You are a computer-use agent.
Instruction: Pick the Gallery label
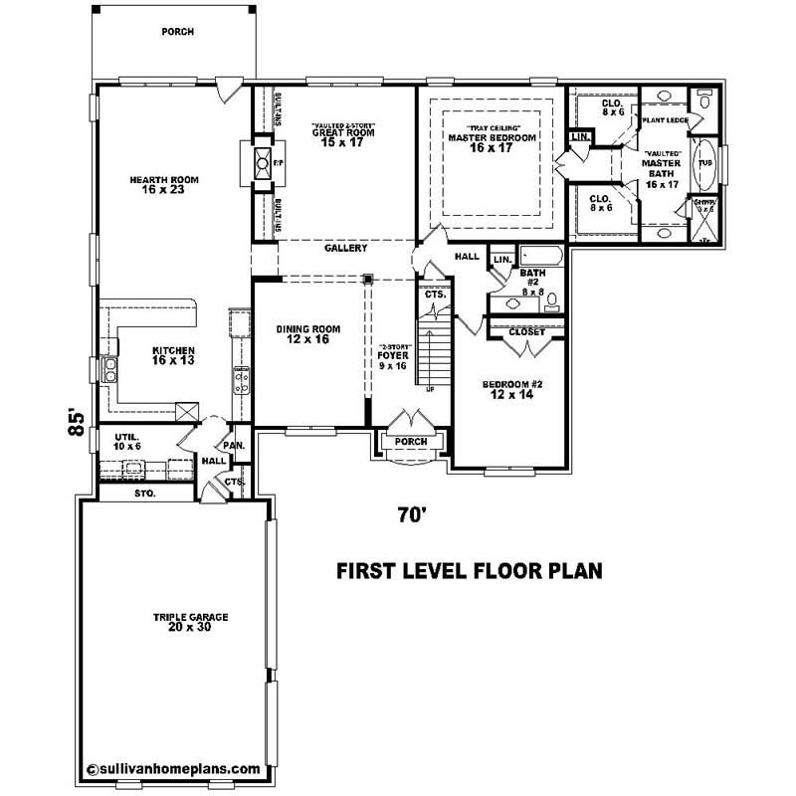[345, 249]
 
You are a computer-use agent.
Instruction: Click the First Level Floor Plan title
[471, 571]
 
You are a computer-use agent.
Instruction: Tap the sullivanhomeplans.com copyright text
[174, 768]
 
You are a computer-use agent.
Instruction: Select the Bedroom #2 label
[511, 389]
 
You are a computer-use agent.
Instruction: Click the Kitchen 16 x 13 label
[173, 355]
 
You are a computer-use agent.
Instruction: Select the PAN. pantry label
[235, 446]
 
